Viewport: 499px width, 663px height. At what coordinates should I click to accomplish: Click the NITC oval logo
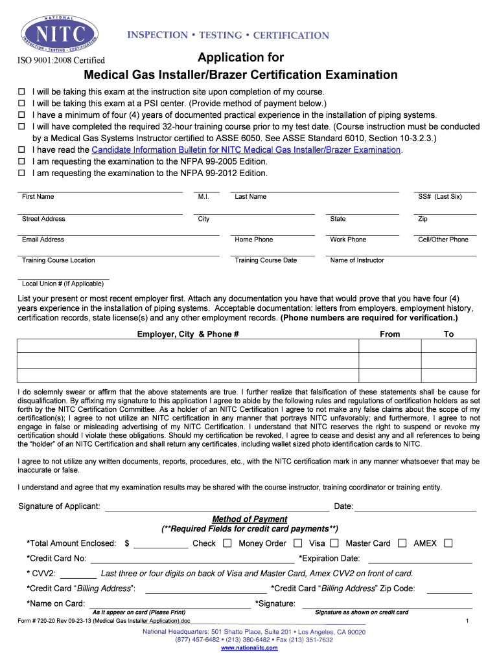coord(60,32)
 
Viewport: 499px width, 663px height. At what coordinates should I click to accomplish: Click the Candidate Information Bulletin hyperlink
coord(247,150)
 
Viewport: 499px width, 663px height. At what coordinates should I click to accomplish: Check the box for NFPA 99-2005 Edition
coord(21,162)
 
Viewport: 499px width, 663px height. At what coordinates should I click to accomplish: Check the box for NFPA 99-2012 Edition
coord(21,174)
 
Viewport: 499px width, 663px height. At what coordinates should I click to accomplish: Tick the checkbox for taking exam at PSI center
coord(21,104)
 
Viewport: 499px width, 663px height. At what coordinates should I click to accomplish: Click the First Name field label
coord(38,197)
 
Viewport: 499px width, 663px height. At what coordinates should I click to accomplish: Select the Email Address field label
coord(43,240)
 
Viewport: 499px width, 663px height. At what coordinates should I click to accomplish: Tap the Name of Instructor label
coord(356,260)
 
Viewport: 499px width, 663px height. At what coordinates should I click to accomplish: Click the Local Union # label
coord(62,284)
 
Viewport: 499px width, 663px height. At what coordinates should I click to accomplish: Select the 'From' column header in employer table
coord(389,334)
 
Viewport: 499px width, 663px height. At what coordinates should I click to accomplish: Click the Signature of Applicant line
coord(216,506)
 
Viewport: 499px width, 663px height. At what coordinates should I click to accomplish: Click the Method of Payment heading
coord(250,519)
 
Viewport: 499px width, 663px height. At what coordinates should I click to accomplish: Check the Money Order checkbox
coord(297,543)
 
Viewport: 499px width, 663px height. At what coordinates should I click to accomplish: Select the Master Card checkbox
coord(402,543)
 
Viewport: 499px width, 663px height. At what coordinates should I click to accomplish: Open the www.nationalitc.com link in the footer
coord(250,648)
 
